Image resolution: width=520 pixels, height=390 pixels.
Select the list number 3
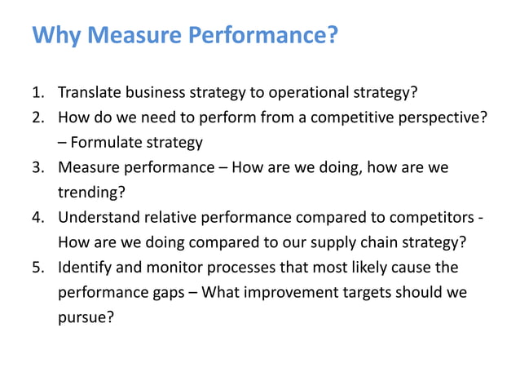click(37, 167)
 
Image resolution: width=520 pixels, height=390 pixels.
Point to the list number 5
click(37, 268)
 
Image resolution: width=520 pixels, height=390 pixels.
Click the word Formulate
click(105, 143)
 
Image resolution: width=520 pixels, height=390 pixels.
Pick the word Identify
click(82, 268)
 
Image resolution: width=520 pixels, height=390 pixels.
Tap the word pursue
click(85, 318)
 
